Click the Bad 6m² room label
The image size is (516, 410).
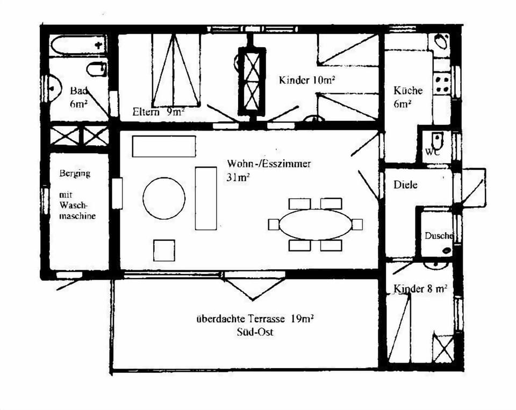tap(78, 97)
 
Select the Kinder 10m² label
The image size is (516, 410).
tap(307, 81)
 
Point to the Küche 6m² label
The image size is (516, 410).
tap(407, 97)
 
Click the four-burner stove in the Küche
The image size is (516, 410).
tap(443, 84)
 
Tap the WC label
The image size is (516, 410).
tap(432, 152)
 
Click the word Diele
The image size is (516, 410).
tap(405, 185)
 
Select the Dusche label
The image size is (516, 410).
tap(439, 235)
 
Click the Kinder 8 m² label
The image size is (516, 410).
tap(420, 289)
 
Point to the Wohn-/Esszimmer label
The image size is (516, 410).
tap(269, 164)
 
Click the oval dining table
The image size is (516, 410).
tap(316, 224)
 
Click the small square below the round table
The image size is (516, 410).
tap(164, 250)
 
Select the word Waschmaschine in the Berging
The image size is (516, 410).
tap(78, 211)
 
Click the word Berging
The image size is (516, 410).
tap(75, 174)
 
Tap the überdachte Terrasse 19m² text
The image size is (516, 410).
tap(255, 319)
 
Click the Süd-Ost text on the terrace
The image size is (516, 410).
tap(255, 332)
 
